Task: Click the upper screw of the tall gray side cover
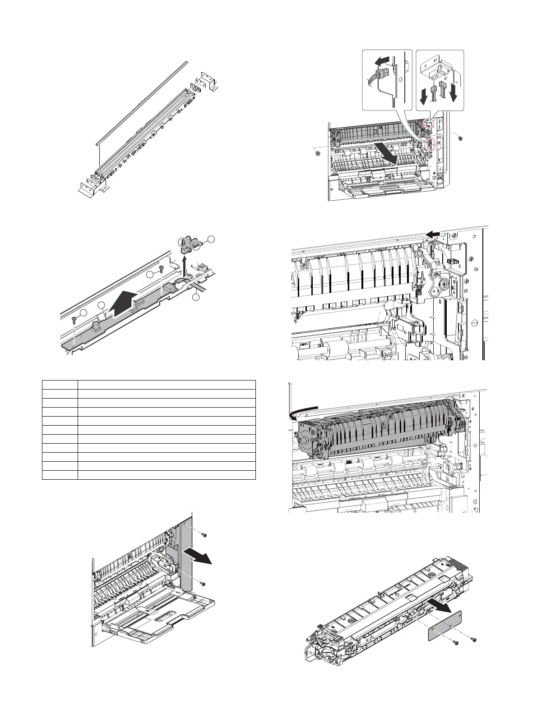pyautogui.click(x=203, y=535)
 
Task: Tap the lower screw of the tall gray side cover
pyautogui.click(x=203, y=584)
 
